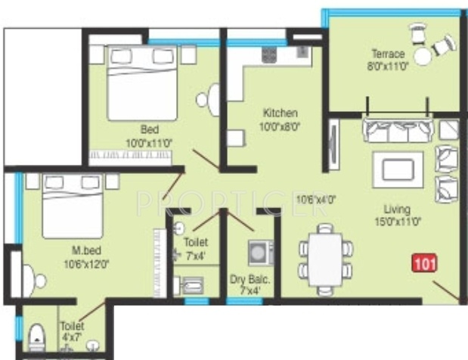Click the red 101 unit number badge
[x=424, y=263]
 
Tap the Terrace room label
[x=388, y=54]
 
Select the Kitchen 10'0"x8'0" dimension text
[x=280, y=126]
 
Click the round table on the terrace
[x=423, y=56]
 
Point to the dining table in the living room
[x=325, y=259]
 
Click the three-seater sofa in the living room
[x=398, y=130]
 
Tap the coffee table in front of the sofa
[x=398, y=169]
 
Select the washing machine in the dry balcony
[x=260, y=253]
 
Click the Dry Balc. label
[x=249, y=280]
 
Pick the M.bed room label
[x=86, y=250]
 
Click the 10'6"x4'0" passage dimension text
[x=316, y=199]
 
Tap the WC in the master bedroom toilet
[x=37, y=337]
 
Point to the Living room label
[x=397, y=209]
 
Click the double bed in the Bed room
[x=142, y=82]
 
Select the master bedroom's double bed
[x=73, y=206]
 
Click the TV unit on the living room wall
[x=334, y=144]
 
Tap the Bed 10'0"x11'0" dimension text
[x=149, y=143]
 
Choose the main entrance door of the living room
[x=446, y=290]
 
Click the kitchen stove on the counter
[x=269, y=55]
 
